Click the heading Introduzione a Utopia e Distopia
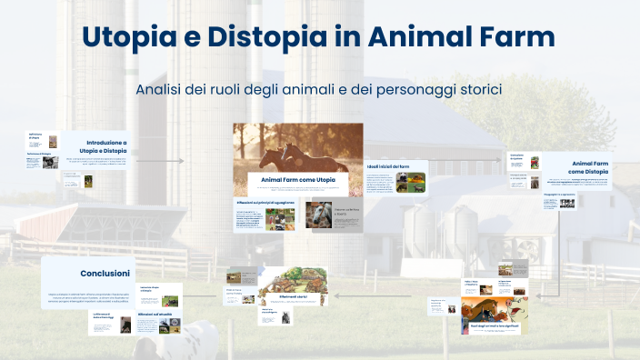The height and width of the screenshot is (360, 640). (x=106, y=146)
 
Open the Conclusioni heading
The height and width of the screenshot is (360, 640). (x=105, y=273)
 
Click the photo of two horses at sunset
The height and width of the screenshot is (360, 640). (x=297, y=145)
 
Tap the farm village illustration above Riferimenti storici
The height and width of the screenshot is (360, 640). (x=293, y=277)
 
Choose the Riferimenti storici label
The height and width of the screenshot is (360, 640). (x=293, y=296)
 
